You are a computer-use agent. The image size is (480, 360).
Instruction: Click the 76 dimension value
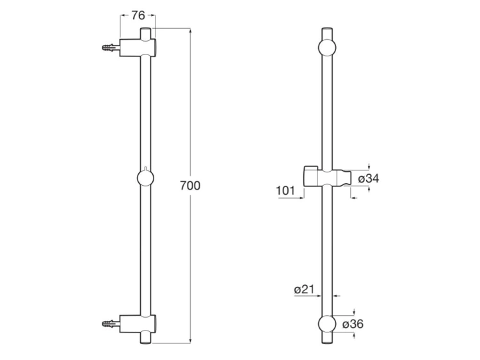(x=138, y=16)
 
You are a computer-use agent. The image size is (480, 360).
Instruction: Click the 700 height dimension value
(x=191, y=186)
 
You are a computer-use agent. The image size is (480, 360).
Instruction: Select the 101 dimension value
(x=285, y=190)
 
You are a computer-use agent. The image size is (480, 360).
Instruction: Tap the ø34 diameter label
(x=369, y=179)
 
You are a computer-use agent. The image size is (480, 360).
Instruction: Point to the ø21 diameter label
(x=305, y=290)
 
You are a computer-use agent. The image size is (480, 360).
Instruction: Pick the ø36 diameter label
(x=353, y=324)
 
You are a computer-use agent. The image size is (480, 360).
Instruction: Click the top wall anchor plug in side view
(x=111, y=47)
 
